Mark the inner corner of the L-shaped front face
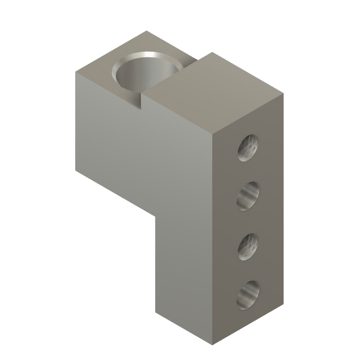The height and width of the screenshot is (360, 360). click(x=153, y=212)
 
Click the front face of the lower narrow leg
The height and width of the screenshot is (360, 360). click(x=184, y=273)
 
